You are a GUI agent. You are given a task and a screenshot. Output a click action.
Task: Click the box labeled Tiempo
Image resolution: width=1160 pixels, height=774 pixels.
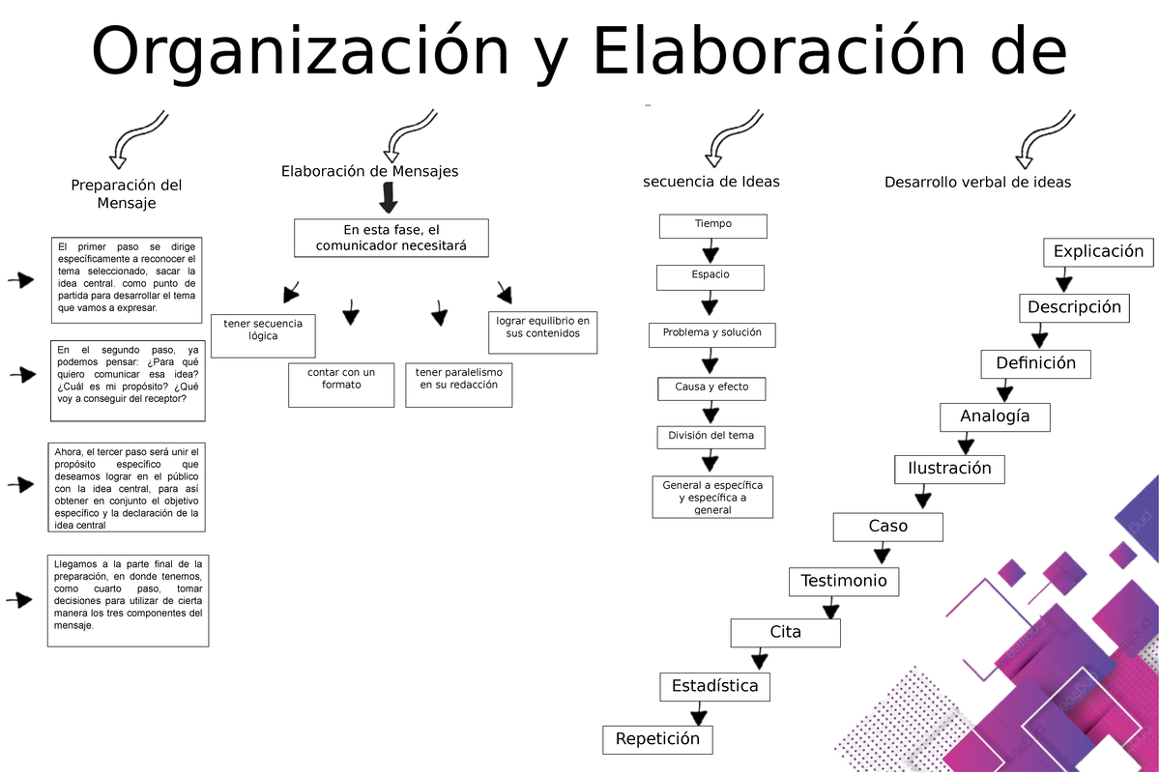pyautogui.click(x=712, y=225)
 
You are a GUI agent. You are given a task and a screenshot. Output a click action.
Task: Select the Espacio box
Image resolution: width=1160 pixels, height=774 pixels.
pyautogui.click(x=710, y=276)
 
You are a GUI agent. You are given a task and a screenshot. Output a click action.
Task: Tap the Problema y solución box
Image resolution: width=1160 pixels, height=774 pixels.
pyautogui.click(x=711, y=333)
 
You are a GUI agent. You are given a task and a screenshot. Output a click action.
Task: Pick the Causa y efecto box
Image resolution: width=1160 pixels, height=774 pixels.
pyautogui.click(x=710, y=387)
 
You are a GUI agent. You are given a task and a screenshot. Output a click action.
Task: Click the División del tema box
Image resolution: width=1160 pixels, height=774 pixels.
pyautogui.click(x=710, y=436)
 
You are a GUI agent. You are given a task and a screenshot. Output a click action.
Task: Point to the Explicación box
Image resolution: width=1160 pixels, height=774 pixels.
pyautogui.click(x=1098, y=252)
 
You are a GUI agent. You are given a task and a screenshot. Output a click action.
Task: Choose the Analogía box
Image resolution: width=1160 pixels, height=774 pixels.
pyautogui.click(x=995, y=416)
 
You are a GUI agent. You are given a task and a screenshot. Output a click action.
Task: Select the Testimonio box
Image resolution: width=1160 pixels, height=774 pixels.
pyautogui.click(x=844, y=581)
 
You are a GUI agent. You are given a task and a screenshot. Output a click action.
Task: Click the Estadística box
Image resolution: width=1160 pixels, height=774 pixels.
pyautogui.click(x=715, y=686)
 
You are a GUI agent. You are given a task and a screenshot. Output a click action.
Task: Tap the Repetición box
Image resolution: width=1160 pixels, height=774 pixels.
pyautogui.click(x=657, y=739)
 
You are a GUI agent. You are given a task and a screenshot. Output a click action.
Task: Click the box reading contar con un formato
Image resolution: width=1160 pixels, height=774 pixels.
pyautogui.click(x=341, y=384)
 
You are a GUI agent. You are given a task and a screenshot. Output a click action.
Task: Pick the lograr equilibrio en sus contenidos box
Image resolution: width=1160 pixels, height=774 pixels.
pyautogui.click(x=541, y=331)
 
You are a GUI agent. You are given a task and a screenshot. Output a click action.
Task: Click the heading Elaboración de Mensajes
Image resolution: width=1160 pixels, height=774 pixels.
pyautogui.click(x=369, y=171)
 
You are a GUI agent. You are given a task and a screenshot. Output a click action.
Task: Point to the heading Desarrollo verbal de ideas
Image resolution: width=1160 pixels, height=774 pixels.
pyautogui.click(x=977, y=182)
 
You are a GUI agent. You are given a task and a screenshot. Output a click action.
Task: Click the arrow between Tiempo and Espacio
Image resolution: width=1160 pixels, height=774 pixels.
pyautogui.click(x=710, y=252)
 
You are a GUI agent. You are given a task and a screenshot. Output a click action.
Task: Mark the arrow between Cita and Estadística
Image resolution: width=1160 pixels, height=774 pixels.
pyautogui.click(x=759, y=660)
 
